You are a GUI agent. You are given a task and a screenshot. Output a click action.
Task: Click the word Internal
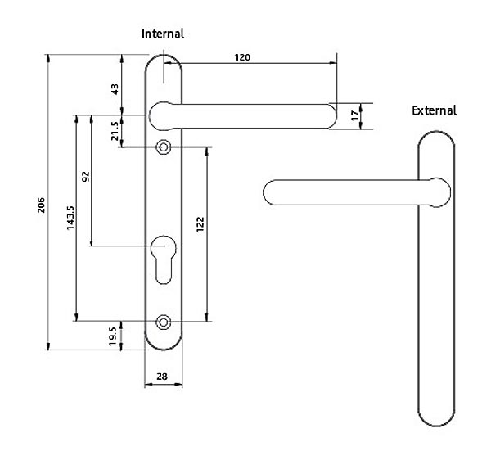tap(163, 34)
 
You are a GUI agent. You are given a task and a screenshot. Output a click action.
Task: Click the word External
tap(434, 110)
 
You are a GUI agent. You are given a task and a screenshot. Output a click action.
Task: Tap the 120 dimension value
tap(242, 57)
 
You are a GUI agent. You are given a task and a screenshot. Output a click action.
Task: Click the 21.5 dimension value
tap(115, 130)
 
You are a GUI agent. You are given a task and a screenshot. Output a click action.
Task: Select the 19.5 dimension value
tap(115, 335)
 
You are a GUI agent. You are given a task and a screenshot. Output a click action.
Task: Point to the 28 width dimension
tap(163, 375)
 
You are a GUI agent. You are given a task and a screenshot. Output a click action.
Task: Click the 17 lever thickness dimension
tap(355, 116)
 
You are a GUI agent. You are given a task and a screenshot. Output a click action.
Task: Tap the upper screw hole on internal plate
tap(164, 147)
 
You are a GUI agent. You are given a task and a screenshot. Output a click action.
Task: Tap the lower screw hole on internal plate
tap(164, 321)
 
